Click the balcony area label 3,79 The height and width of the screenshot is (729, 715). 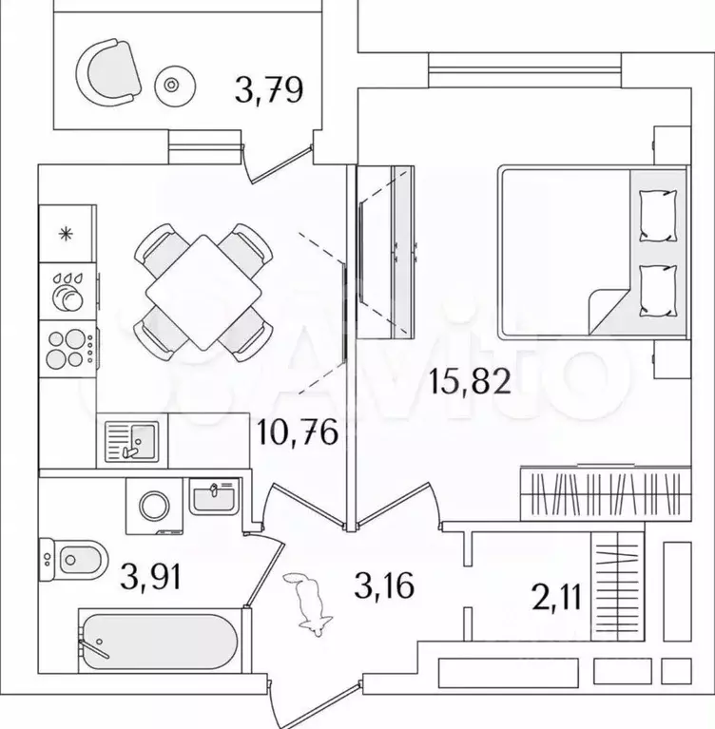[269, 89]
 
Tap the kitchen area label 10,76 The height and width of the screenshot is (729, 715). [298, 432]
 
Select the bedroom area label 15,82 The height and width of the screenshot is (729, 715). [470, 381]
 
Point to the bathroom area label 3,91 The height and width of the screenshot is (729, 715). [150, 576]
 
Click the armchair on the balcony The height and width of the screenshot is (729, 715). [108, 72]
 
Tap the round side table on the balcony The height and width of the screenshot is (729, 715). [175, 86]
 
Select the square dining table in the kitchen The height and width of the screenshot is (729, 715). [203, 293]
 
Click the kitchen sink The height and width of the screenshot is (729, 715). [131, 441]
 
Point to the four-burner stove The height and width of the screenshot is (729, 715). [68, 348]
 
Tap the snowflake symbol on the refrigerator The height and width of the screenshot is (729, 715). [66, 234]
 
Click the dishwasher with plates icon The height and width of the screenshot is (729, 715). [68, 292]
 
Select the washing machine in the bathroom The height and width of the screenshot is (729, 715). [154, 507]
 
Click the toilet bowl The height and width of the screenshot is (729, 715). [73, 560]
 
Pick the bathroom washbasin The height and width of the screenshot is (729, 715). [214, 496]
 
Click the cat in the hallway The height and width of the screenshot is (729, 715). [308, 604]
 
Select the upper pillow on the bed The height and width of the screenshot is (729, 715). [658, 216]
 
